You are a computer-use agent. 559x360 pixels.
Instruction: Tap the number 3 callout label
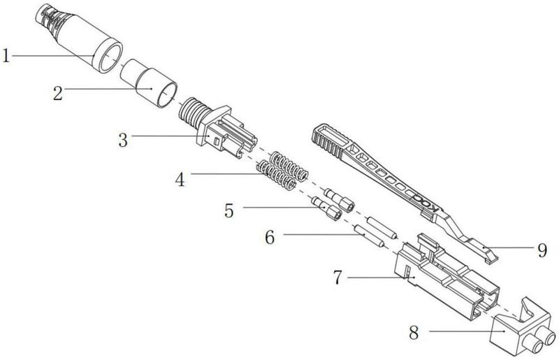[x=124, y=141]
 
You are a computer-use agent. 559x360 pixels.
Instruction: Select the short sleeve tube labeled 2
[x=149, y=82]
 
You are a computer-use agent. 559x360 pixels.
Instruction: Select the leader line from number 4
[x=224, y=175]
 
